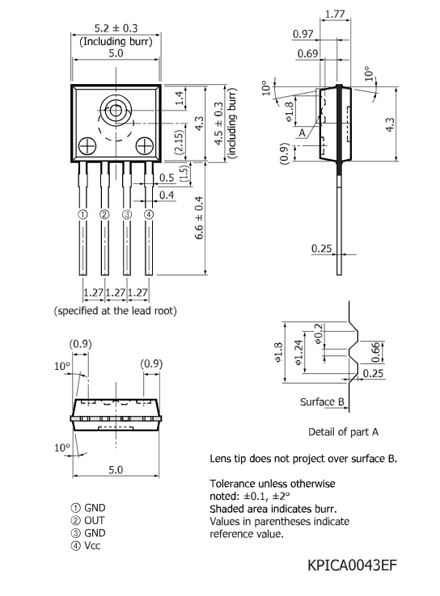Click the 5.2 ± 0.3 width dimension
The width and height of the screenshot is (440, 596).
[116, 28]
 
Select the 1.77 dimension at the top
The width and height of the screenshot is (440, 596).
[335, 14]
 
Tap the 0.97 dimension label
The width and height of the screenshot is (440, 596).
[303, 34]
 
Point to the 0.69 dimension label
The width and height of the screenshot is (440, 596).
[307, 53]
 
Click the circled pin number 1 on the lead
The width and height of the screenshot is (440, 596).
[82, 214]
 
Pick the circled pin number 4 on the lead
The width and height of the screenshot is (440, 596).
[149, 214]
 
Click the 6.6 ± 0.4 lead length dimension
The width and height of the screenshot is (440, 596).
[199, 218]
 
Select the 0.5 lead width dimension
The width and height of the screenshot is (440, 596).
[167, 178]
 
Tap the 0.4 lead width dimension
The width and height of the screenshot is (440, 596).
[167, 195]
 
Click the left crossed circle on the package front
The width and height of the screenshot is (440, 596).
[87, 146]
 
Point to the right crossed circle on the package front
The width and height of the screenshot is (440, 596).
[145, 145]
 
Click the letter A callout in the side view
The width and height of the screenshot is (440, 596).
[302, 133]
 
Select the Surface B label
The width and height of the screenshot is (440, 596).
[322, 402]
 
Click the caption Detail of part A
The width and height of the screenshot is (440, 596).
[343, 432]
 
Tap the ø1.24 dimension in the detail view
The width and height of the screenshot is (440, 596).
[299, 352]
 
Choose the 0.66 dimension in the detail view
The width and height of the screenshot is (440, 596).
[375, 352]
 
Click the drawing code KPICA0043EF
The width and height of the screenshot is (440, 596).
[352, 565]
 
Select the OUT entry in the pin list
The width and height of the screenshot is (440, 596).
[95, 520]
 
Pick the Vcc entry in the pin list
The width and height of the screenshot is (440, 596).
[92, 545]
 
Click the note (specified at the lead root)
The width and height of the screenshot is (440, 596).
[116, 311]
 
